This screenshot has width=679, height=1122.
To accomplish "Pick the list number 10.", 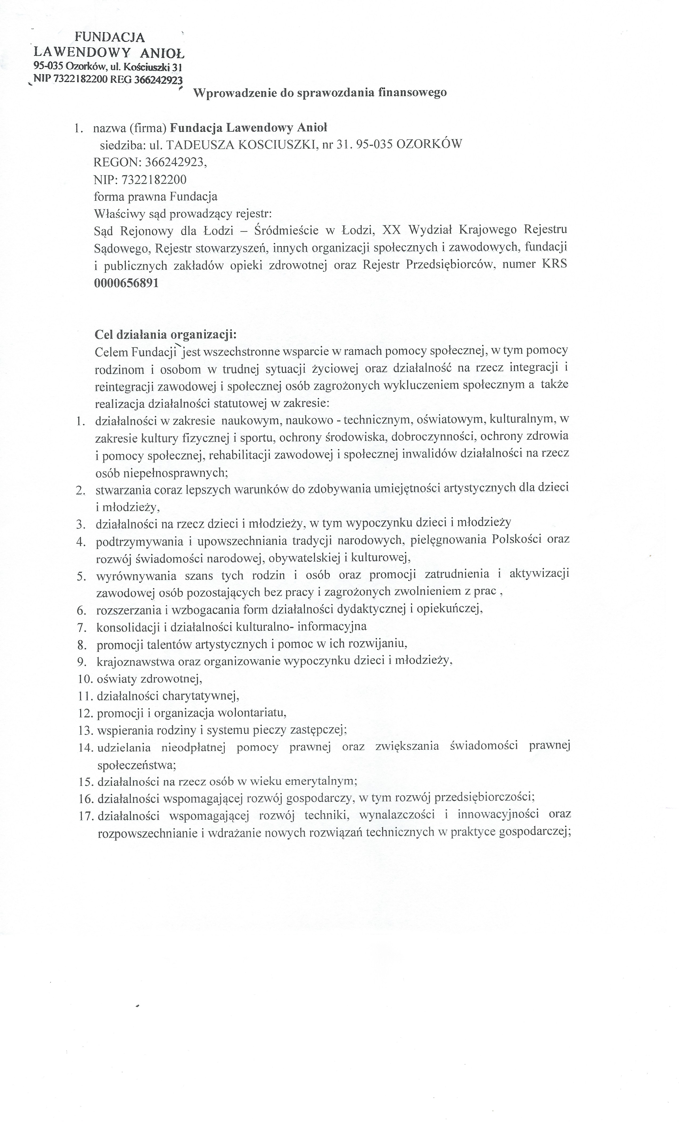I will click(85, 679).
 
